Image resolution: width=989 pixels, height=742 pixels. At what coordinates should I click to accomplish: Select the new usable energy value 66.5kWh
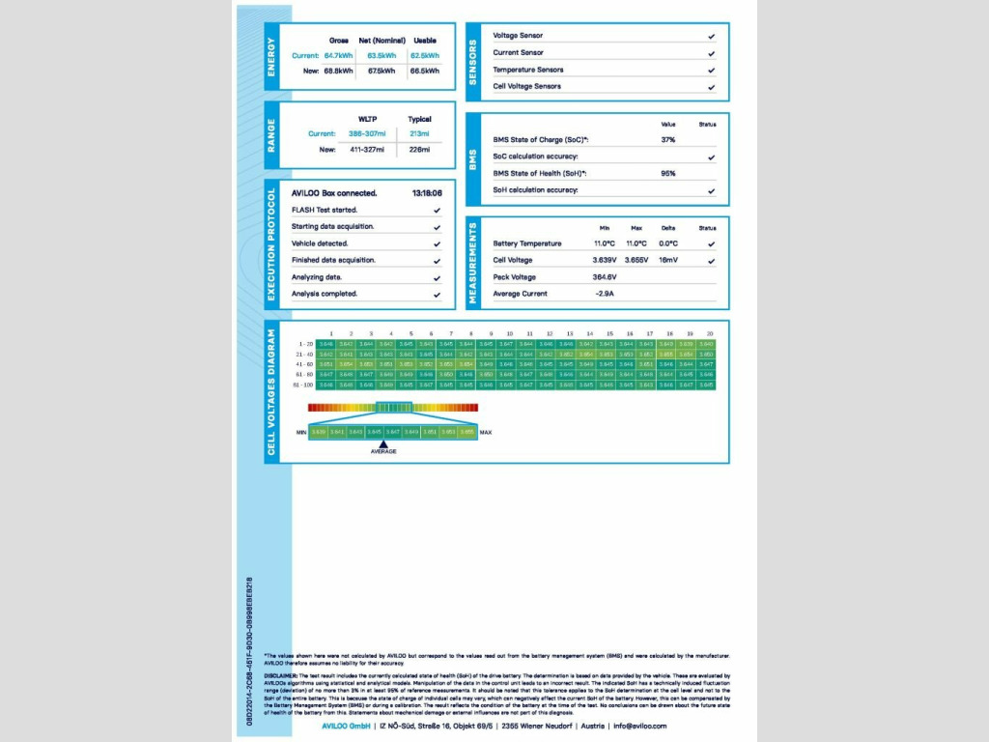[x=424, y=71]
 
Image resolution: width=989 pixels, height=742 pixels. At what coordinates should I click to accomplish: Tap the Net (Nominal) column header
[x=381, y=41]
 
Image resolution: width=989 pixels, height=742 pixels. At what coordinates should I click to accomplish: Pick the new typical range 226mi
[x=419, y=150]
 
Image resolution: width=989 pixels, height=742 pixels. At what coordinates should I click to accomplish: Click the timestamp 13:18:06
[x=426, y=193]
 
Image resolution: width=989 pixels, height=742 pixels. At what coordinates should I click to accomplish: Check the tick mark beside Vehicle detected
[x=437, y=243]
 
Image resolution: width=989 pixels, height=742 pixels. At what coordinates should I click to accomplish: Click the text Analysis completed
[x=325, y=294]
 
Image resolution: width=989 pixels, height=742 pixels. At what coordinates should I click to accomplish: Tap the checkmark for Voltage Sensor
[x=711, y=36]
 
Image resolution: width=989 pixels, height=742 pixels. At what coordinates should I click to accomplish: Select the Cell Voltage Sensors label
[x=526, y=86]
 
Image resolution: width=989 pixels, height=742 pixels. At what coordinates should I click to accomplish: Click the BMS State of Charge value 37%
[x=667, y=140]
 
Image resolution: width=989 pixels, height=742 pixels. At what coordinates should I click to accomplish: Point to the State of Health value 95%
[x=667, y=174]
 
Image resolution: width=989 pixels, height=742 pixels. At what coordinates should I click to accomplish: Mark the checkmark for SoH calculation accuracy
[x=711, y=190]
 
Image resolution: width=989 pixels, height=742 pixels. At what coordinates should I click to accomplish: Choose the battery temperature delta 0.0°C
[x=667, y=243]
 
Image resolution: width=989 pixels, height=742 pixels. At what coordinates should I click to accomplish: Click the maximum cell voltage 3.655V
[x=636, y=260]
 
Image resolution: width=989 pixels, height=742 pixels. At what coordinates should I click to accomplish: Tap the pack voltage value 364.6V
[x=605, y=277]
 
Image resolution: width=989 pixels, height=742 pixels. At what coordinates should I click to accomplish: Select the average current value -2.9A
[x=605, y=294]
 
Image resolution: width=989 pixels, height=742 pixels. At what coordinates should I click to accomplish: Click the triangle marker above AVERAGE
[x=383, y=442]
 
